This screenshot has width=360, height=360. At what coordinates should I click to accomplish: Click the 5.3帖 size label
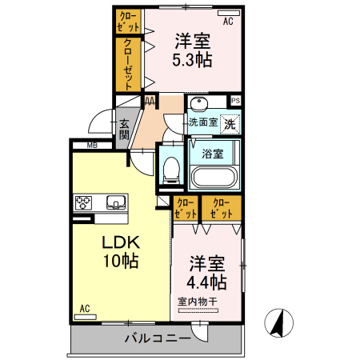click(193, 58)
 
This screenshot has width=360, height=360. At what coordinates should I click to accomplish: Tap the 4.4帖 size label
click(207, 282)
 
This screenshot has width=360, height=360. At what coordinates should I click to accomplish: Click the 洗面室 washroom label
click(202, 122)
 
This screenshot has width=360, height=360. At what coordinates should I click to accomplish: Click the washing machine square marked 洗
click(230, 124)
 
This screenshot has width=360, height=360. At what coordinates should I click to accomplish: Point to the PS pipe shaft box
click(235, 100)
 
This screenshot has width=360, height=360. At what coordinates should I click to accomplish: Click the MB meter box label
click(92, 146)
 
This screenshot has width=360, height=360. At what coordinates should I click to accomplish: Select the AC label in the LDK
click(84, 309)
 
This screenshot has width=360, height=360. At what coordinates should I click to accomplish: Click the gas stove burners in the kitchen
click(85, 202)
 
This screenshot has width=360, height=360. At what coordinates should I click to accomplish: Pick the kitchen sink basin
click(114, 202)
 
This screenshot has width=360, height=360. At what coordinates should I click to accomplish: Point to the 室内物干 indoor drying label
click(197, 302)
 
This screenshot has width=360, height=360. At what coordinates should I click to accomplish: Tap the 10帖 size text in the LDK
click(120, 260)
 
